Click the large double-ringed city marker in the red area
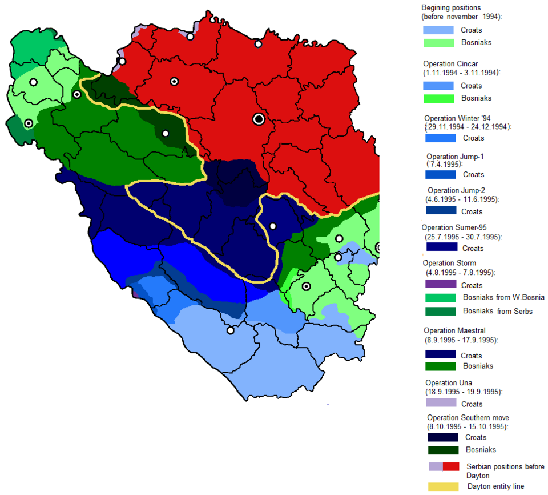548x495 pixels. [x=259, y=119]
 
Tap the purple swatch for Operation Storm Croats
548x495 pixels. [x=441, y=284]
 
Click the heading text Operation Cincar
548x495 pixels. [x=450, y=63]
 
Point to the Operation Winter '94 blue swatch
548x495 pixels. [x=441, y=138]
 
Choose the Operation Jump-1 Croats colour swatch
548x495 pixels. [x=441, y=174]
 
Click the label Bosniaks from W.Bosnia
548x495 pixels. [x=503, y=297]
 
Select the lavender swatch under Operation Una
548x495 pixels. [x=441, y=402]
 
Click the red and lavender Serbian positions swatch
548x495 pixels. [x=444, y=466]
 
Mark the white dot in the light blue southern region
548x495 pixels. [x=231, y=330]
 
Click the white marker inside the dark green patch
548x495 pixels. [x=166, y=134]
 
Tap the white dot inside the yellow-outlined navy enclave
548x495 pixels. [x=273, y=226]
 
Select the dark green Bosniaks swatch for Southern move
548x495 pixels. [x=443, y=450]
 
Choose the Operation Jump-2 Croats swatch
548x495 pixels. [x=441, y=211]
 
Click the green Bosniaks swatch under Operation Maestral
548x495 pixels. [x=441, y=366]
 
